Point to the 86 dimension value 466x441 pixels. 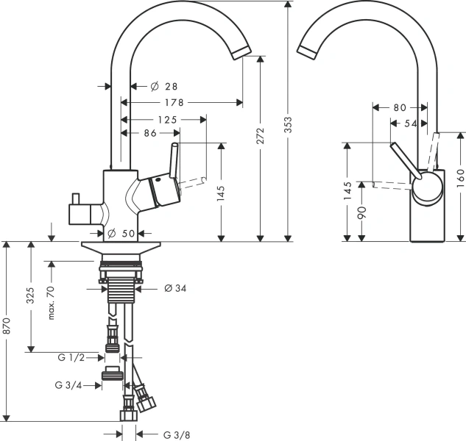[x=150, y=133]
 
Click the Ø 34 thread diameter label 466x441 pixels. [x=175, y=288]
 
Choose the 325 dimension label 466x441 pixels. [x=30, y=297]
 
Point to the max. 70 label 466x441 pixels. [x=52, y=302]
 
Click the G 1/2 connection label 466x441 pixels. [x=71, y=357]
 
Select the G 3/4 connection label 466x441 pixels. [x=68, y=384]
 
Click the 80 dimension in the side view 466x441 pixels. [x=399, y=107]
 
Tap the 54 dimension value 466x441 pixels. [x=411, y=123]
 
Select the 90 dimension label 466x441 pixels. [x=361, y=211]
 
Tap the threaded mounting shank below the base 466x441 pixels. [x=121, y=287]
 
